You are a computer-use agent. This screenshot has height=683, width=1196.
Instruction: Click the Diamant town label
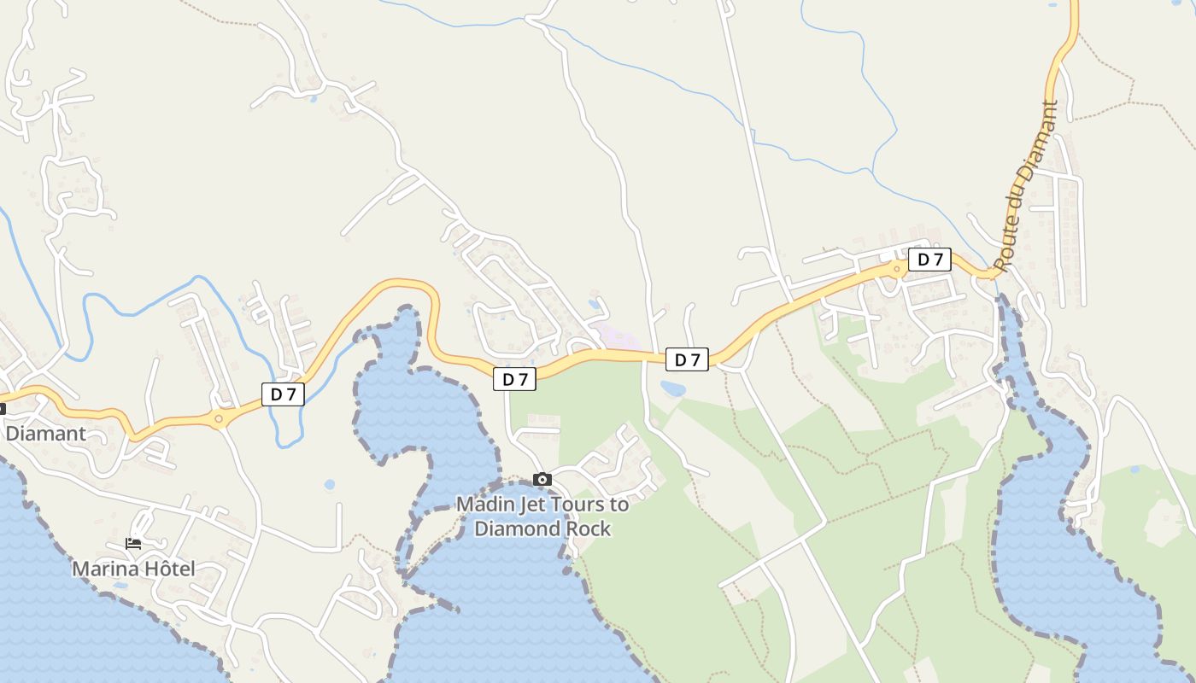pyautogui.click(x=46, y=433)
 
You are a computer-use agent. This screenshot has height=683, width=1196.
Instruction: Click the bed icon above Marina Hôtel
pyautogui.click(x=133, y=543)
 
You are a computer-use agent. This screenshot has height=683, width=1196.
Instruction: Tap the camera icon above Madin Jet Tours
pyautogui.click(x=542, y=480)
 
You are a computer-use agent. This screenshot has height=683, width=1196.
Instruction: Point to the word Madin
pyautogui.click(x=484, y=505)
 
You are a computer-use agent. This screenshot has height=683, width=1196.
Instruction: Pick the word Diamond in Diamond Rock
pyautogui.click(x=519, y=528)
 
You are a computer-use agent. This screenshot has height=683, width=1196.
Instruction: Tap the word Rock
pyautogui.click(x=590, y=528)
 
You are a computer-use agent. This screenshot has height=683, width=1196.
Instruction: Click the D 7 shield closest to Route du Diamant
pyautogui.click(x=929, y=260)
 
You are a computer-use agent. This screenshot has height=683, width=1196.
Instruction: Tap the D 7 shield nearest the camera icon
pyautogui.click(x=514, y=379)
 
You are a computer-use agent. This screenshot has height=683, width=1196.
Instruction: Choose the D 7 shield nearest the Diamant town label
pyautogui.click(x=283, y=394)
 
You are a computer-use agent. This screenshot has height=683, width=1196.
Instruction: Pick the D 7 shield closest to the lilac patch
pyautogui.click(x=687, y=360)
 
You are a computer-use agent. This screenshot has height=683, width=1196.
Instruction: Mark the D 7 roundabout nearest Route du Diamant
pyautogui.click(x=897, y=270)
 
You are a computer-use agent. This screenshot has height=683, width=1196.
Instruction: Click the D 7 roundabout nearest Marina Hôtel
pyautogui.click(x=219, y=418)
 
